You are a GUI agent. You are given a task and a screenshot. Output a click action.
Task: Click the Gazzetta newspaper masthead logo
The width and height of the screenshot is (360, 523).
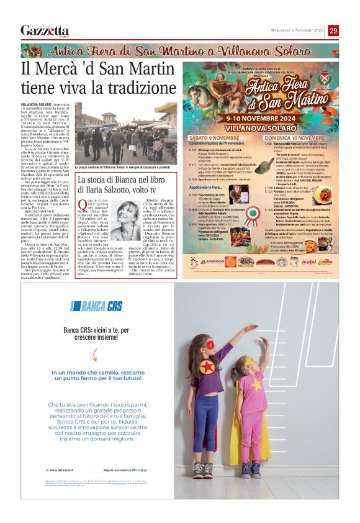[x=45, y=31]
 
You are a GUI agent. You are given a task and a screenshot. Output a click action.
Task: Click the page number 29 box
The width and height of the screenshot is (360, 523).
[x=333, y=30]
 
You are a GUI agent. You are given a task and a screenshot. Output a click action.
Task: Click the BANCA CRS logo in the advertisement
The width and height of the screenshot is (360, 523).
[x=96, y=306]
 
